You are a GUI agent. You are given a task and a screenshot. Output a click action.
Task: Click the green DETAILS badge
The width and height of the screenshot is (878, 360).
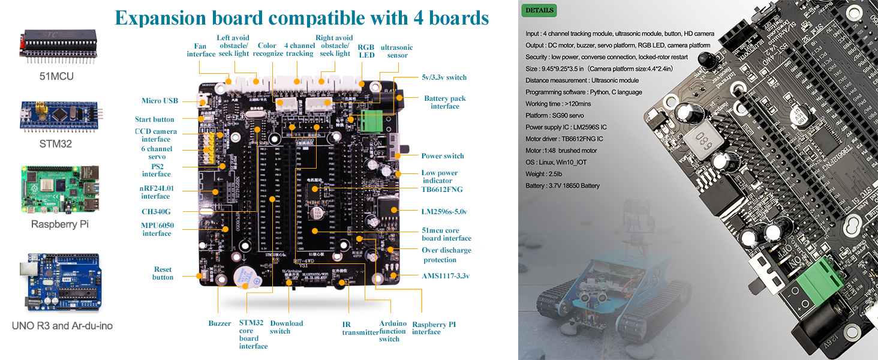(539, 10)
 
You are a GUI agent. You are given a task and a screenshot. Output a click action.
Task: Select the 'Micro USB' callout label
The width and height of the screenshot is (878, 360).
(160, 101)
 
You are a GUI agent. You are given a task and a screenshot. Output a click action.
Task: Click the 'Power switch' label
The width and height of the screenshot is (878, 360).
(443, 156)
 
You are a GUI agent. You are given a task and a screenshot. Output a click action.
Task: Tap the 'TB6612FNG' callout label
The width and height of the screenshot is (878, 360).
(442, 190)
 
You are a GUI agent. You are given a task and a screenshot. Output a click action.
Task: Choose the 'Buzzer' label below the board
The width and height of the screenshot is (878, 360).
(220, 323)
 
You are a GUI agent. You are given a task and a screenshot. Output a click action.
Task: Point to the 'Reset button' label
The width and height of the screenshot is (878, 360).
(163, 274)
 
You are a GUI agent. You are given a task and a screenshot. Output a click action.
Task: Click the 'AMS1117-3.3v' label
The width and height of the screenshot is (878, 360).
(446, 276)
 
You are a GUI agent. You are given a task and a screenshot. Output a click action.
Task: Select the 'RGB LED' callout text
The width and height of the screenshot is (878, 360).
(366, 51)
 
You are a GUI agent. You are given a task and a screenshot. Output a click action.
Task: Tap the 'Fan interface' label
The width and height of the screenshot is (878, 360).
(201, 50)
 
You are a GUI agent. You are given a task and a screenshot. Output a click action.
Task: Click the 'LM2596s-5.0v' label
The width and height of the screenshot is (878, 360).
(444, 211)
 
